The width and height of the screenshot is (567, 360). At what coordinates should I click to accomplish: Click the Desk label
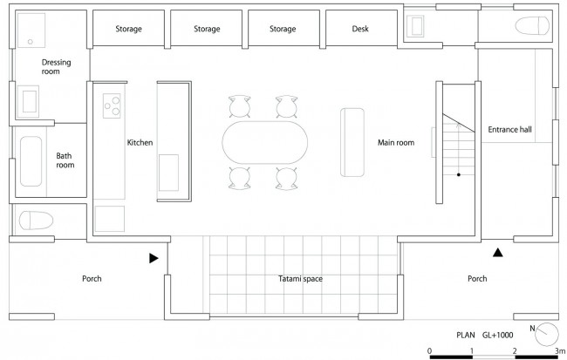pyautogui.click(x=360, y=29)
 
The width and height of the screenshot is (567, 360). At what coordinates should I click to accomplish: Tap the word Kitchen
pyautogui.click(x=140, y=143)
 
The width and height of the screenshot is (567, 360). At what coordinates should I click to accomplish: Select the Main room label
pyautogui.click(x=396, y=143)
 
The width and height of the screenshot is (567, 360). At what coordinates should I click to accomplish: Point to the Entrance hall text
pyautogui.click(x=510, y=129)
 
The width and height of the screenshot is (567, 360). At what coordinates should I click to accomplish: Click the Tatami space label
pyautogui.click(x=300, y=279)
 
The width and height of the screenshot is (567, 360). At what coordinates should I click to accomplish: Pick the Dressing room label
pyautogui.click(x=56, y=67)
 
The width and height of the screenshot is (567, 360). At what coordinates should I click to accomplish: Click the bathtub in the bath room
pyautogui.click(x=31, y=161)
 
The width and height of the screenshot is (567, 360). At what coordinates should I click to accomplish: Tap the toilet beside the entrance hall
pyautogui.click(x=532, y=25)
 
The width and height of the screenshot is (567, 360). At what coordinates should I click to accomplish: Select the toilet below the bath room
pyautogui.click(x=36, y=221)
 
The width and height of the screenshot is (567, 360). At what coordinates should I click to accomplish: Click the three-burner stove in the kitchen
pyautogui.click(x=112, y=105)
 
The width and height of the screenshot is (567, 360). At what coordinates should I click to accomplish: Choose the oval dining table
pyautogui.click(x=265, y=142)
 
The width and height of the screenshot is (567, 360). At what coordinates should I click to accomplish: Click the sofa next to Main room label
pyautogui.click(x=352, y=142)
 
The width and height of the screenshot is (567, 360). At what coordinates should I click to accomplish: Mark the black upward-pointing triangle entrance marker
pyautogui.click(x=498, y=253)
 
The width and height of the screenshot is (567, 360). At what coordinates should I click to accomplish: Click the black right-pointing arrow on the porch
pyautogui.click(x=154, y=258)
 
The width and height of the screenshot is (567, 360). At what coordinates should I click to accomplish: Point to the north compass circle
pyautogui.click(x=547, y=335)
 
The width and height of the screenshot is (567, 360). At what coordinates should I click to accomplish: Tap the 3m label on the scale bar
pyautogui.click(x=560, y=350)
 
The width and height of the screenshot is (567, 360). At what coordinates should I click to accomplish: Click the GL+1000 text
pyautogui.click(x=497, y=335)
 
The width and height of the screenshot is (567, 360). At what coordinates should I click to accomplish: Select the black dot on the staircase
pyautogui.click(x=459, y=175)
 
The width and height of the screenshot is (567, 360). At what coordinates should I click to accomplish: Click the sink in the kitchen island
pyautogui.click(x=168, y=173)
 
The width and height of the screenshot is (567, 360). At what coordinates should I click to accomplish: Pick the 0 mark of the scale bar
pyautogui.click(x=429, y=350)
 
